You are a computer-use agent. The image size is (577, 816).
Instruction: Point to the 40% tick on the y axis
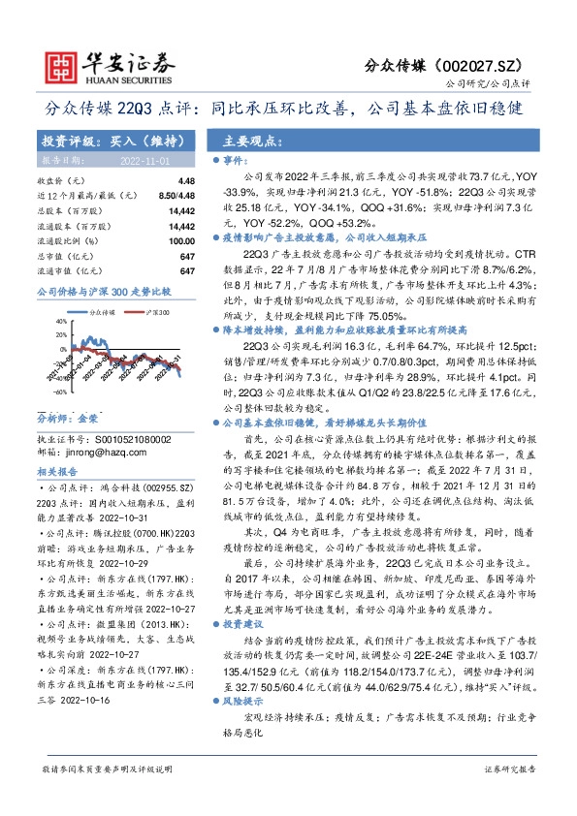tap(60, 320)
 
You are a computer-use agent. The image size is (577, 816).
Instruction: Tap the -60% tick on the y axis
tap(59, 392)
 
